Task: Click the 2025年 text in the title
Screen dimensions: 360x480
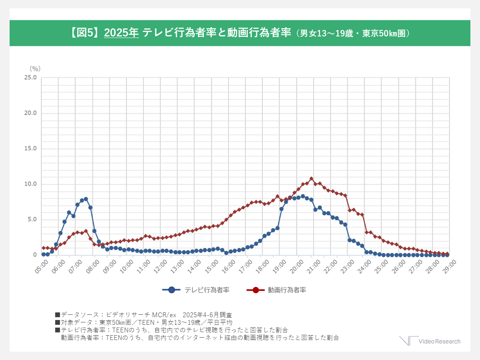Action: [x=121, y=33]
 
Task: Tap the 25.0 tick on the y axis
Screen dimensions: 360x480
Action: [x=30, y=78]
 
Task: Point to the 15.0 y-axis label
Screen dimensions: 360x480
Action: [x=30, y=148]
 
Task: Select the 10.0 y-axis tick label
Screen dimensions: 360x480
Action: [x=30, y=184]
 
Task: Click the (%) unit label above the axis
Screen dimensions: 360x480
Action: [x=35, y=68]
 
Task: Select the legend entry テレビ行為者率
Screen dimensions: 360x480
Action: [x=207, y=290]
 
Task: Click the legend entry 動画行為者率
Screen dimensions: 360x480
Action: [x=287, y=290]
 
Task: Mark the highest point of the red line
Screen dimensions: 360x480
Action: [x=311, y=178]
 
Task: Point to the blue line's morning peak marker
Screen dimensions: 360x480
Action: [x=86, y=199]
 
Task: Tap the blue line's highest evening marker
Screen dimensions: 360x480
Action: [x=303, y=196]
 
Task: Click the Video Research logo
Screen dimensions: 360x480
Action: [x=430, y=341]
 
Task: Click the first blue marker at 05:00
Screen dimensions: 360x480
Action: [x=44, y=254]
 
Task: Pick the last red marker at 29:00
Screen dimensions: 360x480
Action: [x=447, y=254]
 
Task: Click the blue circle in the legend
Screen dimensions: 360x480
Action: [x=171, y=290]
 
